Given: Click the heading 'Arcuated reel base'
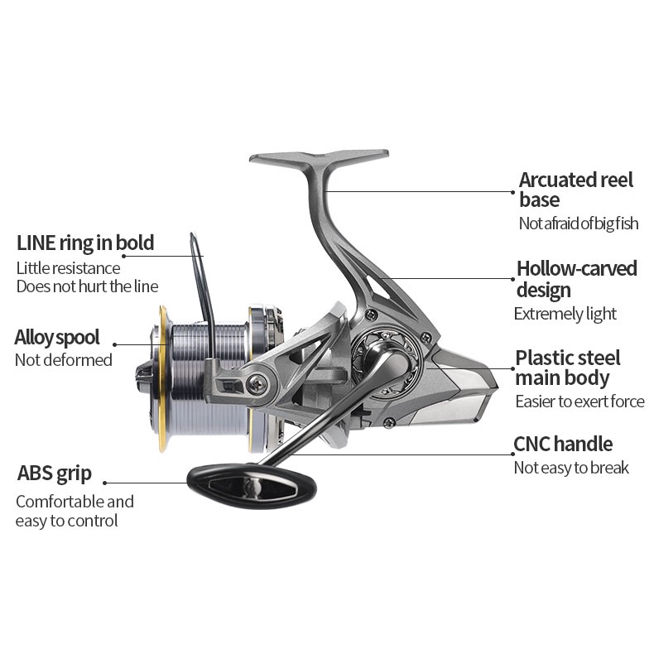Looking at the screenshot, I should [575, 190].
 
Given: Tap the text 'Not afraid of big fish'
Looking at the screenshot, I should [578, 224].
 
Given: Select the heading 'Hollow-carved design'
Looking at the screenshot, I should [576, 279].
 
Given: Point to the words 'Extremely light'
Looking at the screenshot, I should [565, 314].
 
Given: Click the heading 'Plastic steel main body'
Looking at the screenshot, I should [567, 368].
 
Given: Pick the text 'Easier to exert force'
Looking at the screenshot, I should [579, 402].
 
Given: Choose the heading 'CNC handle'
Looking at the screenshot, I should [563, 445].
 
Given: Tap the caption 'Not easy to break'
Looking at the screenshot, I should [570, 469].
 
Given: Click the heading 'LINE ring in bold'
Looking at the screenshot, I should [85, 243].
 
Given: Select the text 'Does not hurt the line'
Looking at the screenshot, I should [87, 286].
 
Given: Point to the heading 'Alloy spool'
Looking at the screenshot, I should [57, 337].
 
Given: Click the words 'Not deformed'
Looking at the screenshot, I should [63, 360].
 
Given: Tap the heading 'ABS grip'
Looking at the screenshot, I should [54, 474].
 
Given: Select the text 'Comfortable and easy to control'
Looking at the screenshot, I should [74, 511].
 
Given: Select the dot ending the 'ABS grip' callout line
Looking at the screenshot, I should [105, 483].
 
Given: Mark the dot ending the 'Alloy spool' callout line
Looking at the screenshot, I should [114, 344].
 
